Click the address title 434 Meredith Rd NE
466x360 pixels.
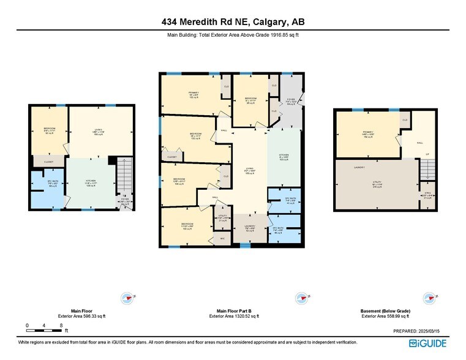click(x=232, y=22)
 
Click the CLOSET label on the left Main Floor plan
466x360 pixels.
click(x=48, y=162)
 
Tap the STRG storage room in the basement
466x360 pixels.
click(x=428, y=196)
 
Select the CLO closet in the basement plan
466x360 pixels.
click(x=405, y=121)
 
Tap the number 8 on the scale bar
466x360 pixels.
click(x=62, y=324)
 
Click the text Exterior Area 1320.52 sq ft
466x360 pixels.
click(x=233, y=316)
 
